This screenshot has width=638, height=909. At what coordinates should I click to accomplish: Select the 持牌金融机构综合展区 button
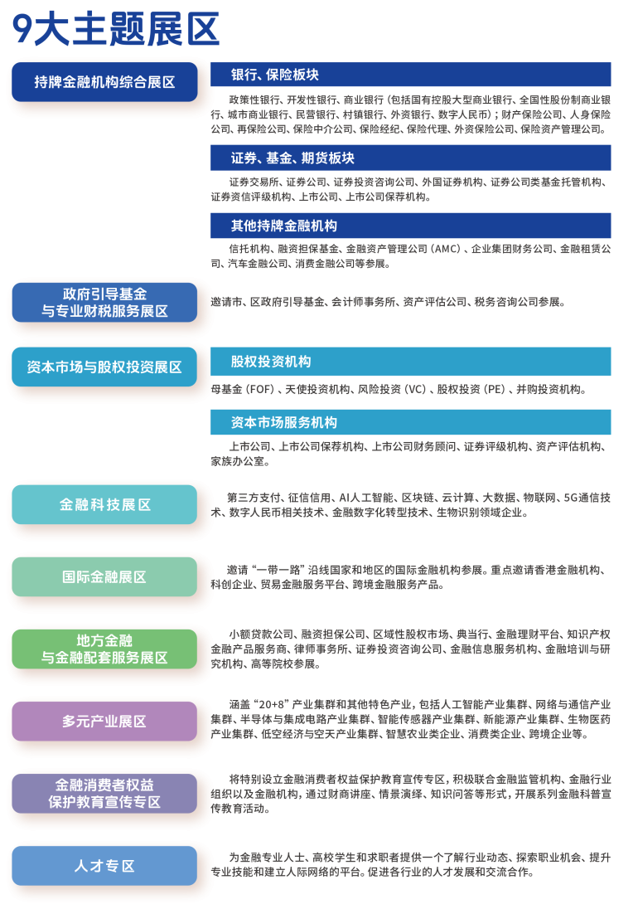pyautogui.click(x=104, y=82)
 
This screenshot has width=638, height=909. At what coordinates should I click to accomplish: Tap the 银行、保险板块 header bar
pyautogui.click(x=410, y=75)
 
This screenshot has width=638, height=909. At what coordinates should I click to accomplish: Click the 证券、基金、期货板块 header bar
pyautogui.click(x=410, y=158)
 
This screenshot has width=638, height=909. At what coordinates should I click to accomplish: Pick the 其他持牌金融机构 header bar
pyautogui.click(x=410, y=226)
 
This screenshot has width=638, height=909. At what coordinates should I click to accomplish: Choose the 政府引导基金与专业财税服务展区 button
pyautogui.click(x=104, y=303)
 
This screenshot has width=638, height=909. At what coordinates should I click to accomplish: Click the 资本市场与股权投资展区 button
pyautogui.click(x=104, y=367)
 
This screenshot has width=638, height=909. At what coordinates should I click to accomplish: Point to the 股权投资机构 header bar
pyautogui.click(x=410, y=362)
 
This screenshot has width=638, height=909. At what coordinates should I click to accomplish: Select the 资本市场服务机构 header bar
pyautogui.click(x=410, y=422)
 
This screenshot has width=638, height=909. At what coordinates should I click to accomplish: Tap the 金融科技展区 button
pyautogui.click(x=104, y=504)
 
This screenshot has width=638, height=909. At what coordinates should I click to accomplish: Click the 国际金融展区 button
pyautogui.click(x=104, y=576)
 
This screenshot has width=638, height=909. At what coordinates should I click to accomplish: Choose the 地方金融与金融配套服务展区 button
pyautogui.click(x=104, y=649)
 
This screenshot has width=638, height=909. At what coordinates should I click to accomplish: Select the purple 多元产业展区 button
pyautogui.click(x=104, y=722)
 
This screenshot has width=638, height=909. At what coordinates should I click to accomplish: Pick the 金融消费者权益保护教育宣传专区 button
pyautogui.click(x=104, y=793)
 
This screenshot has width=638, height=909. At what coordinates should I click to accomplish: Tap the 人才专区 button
pyautogui.click(x=104, y=866)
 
